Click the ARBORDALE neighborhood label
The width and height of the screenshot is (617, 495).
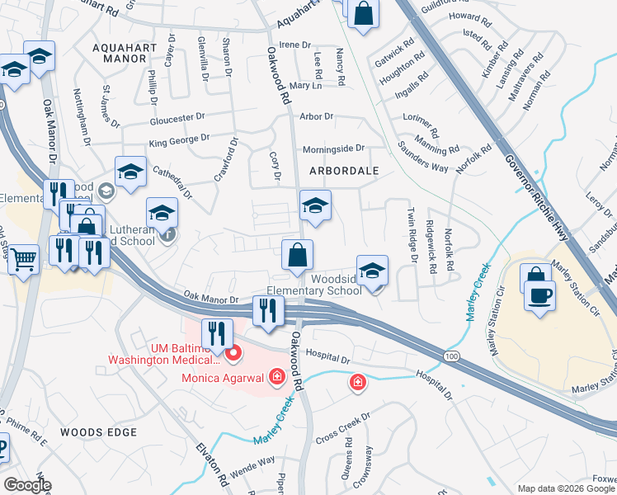click(x=343, y=171)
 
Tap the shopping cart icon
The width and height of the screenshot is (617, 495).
click(x=23, y=260)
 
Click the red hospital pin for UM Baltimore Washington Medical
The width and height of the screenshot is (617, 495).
click(x=233, y=355)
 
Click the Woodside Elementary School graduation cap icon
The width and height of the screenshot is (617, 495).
click(x=372, y=271)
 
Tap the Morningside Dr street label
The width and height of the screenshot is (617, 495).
click(x=333, y=148)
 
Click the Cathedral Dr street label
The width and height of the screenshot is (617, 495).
click(x=171, y=179)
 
